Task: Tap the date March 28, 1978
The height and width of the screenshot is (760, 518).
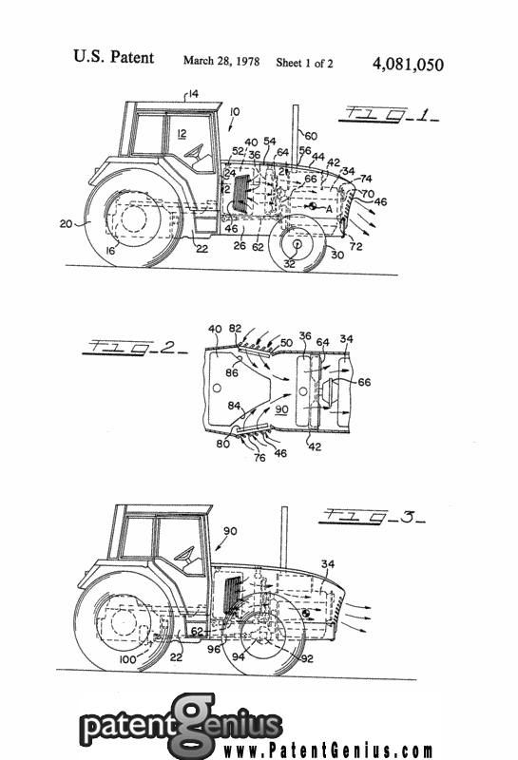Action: point(221,62)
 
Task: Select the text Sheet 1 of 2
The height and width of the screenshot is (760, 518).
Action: point(308,63)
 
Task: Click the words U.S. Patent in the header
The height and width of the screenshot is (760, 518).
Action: point(113,58)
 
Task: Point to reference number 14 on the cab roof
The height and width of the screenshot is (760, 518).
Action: point(192,93)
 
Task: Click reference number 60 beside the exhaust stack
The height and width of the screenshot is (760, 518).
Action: point(311,135)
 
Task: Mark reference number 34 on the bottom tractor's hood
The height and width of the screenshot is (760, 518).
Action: point(328,564)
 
